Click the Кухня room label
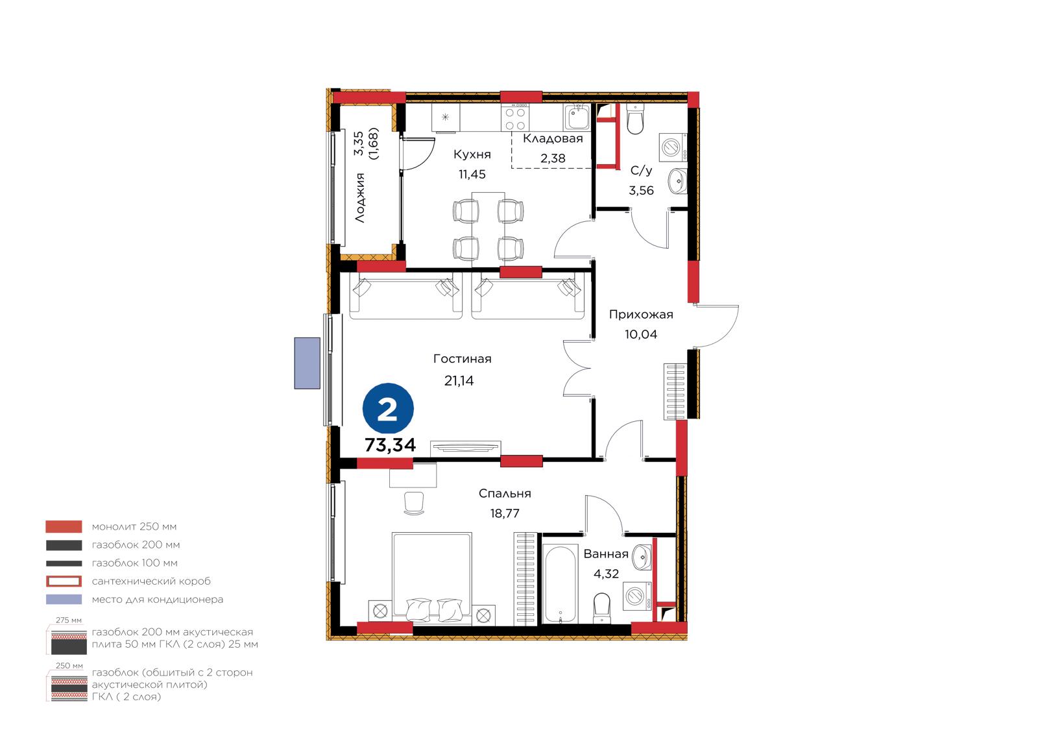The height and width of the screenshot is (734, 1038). pos(472,154)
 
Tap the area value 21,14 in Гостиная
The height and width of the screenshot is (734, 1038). pos(459,381)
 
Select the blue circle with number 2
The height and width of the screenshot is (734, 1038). pos(388,408)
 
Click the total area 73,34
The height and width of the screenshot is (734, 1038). pos(390,445)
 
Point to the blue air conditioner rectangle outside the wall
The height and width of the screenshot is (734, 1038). pos(308,363)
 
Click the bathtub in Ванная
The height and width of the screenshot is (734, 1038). pos(561,584)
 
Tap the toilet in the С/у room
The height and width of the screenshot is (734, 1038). pos(634,118)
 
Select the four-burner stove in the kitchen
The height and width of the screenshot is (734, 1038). pos(515,117)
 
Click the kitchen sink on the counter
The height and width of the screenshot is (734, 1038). pos(577,117)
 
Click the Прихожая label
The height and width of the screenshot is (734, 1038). pos(641,315)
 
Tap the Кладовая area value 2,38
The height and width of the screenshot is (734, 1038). pos(553,158)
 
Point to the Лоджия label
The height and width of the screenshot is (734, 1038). pos(360,198)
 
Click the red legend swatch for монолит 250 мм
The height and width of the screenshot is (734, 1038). pos(64,527)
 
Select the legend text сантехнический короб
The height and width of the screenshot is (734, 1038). pos(151,581)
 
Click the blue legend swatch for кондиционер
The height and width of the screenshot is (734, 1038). pos(64,600)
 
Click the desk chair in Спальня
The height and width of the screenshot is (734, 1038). pos(414,503)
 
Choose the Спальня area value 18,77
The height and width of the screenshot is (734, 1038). pos(505,514)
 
